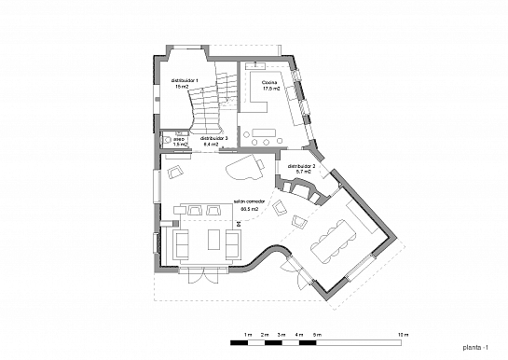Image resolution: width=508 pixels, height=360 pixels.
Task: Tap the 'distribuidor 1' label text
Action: (x=185, y=84)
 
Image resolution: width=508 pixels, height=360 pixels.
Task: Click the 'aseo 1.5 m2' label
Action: (x=181, y=142)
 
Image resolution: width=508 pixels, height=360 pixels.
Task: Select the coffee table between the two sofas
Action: (x=207, y=242)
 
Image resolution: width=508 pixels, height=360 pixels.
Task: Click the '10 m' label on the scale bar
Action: (x=403, y=334)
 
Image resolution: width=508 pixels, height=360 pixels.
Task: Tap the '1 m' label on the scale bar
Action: (x=248, y=334)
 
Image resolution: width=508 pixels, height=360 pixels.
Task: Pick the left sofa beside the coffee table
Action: (x=182, y=242)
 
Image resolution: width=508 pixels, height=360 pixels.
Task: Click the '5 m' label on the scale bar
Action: (x=317, y=334)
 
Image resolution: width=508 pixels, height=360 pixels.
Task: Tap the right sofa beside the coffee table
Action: (x=232, y=242)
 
